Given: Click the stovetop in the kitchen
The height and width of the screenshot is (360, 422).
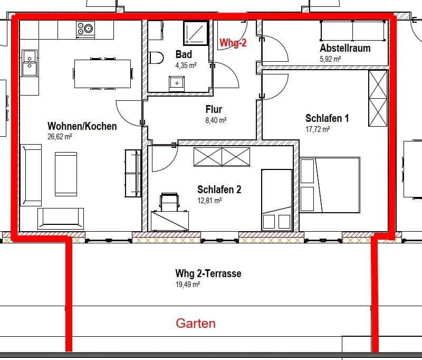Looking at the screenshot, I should point(84,29).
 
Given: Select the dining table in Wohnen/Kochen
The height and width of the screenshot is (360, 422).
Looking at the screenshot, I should point(102,73).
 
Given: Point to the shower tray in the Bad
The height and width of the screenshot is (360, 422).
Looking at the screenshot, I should point(196,33).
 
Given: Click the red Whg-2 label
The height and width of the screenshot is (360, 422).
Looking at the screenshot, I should point(233,44).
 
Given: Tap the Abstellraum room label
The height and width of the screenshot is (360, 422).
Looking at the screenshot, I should point(345,48).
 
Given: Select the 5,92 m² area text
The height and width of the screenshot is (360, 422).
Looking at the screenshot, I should point(330,59).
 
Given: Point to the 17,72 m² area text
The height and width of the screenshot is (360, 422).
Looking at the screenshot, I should point(318,129).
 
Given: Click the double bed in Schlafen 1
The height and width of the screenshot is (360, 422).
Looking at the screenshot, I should point(330,185).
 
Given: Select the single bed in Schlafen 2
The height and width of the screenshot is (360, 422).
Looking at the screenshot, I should point(276,200).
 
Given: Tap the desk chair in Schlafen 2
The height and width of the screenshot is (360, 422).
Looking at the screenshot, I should point(170,201).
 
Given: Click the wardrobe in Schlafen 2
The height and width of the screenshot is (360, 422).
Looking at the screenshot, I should point(222,157).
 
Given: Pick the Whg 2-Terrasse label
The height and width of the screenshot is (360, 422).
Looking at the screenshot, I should point(208,273).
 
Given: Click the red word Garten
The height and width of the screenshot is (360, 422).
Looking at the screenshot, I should point(196,323).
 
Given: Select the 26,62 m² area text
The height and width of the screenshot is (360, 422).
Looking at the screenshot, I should point(60,137).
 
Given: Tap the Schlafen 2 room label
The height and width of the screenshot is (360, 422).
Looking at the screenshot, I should point(219,190).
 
